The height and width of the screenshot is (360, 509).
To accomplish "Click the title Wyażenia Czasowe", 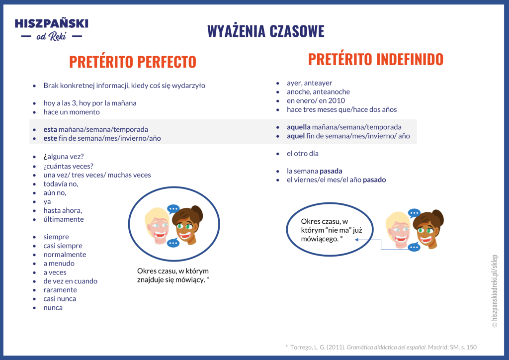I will (265, 31).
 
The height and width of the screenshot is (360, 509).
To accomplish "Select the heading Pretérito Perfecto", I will (133, 62).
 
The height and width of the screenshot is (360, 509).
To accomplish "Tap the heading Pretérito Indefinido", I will (375, 59).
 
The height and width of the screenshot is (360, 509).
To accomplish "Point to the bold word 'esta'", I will (50, 129).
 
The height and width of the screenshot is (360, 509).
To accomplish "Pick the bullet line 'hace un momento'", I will (72, 112).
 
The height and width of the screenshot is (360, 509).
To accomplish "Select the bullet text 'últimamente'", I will (64, 219).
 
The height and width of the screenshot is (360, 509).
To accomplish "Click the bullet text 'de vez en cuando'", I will (71, 281).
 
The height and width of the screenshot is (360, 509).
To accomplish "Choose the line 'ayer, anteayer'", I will (310, 83).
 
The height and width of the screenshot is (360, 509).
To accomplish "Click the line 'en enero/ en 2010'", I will (316, 100).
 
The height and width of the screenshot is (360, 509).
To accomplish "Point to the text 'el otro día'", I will (303, 154).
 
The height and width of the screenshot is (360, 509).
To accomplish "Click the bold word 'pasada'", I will (331, 171).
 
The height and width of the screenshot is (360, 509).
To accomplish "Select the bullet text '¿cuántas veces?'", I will (69, 166).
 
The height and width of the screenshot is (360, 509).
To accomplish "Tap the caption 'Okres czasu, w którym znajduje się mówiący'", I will (173, 275).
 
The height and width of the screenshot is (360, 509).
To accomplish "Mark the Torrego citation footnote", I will (381, 347).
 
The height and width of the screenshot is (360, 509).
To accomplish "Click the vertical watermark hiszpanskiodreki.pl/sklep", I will (494, 291).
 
